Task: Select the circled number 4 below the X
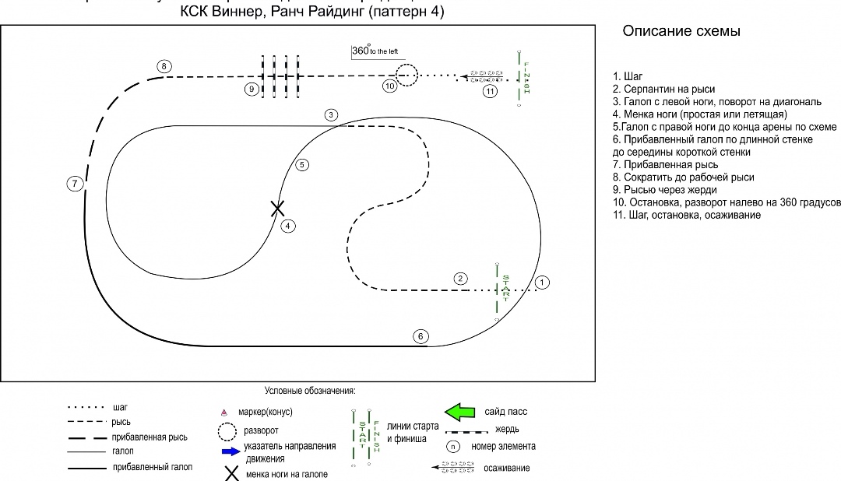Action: (x=288, y=226)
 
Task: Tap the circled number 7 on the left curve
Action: (x=74, y=184)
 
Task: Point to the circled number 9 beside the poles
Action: (x=251, y=90)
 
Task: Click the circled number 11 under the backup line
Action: (x=489, y=91)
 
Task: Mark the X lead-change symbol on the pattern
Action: (x=277, y=208)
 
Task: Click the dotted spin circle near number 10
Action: (x=406, y=75)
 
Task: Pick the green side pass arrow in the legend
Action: (x=459, y=410)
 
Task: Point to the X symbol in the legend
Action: (x=231, y=473)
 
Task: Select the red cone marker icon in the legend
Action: (x=225, y=412)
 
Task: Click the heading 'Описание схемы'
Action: (x=681, y=32)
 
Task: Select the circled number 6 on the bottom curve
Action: (x=420, y=336)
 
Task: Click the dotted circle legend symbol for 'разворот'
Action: (x=227, y=431)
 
